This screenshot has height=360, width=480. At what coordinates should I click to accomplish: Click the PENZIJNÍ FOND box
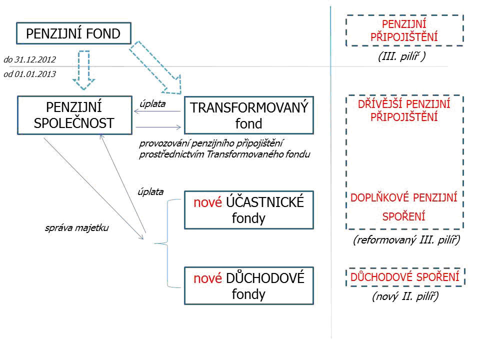tap(73, 34)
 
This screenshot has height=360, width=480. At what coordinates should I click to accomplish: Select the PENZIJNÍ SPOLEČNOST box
tap(74, 115)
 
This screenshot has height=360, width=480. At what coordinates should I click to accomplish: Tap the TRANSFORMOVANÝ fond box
tap(249, 115)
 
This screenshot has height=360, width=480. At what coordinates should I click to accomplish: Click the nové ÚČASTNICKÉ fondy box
tap(249, 210)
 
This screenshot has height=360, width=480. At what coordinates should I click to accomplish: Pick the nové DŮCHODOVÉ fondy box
tap(249, 286)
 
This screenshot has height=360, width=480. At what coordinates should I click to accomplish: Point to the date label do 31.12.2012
tap(29, 59)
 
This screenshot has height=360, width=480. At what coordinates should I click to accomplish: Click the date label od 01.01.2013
tap(29, 74)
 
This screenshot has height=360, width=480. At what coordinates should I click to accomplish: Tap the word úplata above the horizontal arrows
tap(153, 104)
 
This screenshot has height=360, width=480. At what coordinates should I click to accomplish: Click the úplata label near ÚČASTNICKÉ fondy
tap(150, 191)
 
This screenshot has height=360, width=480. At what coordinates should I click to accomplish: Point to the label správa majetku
tap(76, 228)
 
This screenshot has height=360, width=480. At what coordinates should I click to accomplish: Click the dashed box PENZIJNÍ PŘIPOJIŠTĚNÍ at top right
tap(404, 30)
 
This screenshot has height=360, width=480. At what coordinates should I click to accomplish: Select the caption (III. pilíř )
tap(402, 56)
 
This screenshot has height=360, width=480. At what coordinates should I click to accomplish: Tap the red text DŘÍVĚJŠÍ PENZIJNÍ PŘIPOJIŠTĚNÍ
tap(404, 111)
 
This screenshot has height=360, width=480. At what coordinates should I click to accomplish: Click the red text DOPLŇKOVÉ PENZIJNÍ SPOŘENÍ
tap(404, 207)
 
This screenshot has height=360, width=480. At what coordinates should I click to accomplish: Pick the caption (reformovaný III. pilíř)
tap(406, 240)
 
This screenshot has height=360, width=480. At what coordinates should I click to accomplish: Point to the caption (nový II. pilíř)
tap(405, 296)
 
